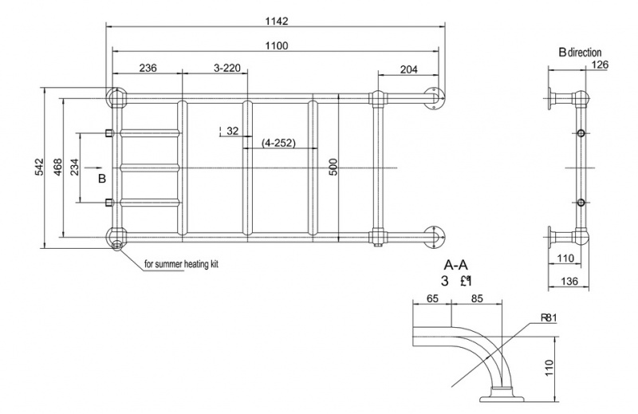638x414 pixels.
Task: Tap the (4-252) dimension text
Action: click(279, 143)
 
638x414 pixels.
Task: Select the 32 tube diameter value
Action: click(232, 130)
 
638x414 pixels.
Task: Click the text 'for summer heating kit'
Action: click(181, 264)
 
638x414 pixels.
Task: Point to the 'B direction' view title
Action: click(580, 53)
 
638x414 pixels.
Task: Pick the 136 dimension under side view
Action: click(568, 281)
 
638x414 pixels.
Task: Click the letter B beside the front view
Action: click(102, 179)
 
